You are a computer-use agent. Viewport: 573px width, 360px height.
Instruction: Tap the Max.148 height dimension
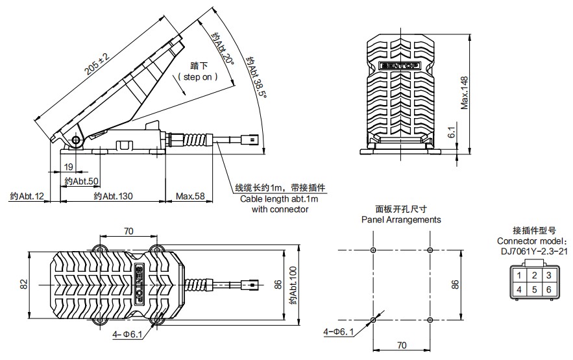click(x=465, y=91)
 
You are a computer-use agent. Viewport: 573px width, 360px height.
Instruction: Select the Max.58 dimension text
click(x=191, y=196)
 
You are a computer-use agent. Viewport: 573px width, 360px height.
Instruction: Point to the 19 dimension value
click(x=69, y=167)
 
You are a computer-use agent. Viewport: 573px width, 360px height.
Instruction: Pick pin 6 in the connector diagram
click(x=549, y=289)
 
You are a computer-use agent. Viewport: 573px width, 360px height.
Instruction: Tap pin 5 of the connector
click(x=534, y=289)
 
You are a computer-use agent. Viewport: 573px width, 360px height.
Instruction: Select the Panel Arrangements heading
click(x=401, y=219)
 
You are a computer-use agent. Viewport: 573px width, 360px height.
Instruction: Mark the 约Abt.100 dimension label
click(x=293, y=285)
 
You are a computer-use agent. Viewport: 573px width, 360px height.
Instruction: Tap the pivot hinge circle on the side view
click(x=77, y=141)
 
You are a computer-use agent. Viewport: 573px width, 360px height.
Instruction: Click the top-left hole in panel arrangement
click(x=372, y=250)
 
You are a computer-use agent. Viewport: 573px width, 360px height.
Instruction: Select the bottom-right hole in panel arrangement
click(x=430, y=319)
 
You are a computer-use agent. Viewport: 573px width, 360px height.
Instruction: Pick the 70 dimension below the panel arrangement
click(x=401, y=344)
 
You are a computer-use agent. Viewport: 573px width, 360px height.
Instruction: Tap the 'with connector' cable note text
click(x=280, y=210)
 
